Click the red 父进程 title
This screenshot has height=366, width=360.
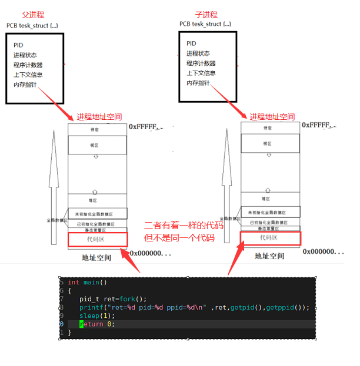pos(32,15)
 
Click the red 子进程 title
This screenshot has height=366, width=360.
pos(206,14)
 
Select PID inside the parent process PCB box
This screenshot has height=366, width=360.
pos(19,45)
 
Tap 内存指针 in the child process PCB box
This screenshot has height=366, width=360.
pos(198,83)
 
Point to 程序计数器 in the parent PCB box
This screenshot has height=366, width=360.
pos(28,65)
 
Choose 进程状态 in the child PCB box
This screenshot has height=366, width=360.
pos(198,53)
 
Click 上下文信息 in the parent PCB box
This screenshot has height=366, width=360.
pos(28,75)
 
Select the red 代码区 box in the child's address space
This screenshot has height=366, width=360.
pos(271,238)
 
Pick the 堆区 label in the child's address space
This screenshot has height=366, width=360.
pos(268,200)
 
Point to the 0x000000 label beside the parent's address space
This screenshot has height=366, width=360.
pos(150,253)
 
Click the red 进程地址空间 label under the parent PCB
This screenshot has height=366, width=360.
pos(99,117)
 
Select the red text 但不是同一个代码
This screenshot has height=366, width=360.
pos(179,238)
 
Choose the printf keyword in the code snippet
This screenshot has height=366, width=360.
pos(91,307)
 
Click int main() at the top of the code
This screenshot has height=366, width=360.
pos(87,283)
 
